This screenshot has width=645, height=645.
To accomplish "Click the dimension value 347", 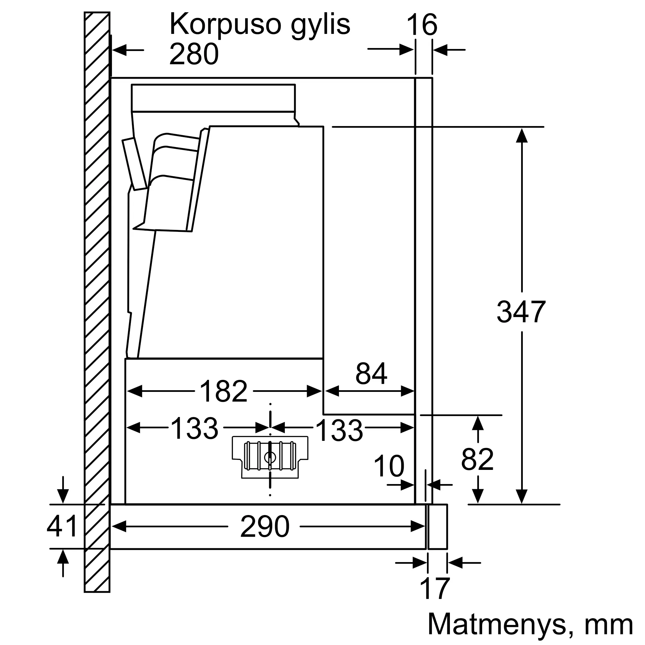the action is point(521,312).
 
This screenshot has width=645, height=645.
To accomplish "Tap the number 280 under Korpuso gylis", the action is point(194,54).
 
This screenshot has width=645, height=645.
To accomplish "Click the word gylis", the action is point(320,25).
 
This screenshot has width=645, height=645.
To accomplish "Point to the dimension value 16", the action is point(422,25).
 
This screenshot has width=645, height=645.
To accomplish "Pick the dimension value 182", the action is point(224,391).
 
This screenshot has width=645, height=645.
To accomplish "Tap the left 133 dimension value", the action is point(195,428).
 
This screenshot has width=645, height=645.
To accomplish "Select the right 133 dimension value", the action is point(339,430).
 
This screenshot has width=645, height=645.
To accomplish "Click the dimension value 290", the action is point(265,527).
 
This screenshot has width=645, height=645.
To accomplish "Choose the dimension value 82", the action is point(477,459).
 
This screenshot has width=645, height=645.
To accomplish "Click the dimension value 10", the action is point(389,466).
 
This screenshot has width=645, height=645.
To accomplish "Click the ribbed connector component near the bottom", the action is point(270,457).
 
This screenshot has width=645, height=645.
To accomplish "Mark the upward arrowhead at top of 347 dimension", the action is point(521,135).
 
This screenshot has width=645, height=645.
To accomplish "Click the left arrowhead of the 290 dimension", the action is point(119,527).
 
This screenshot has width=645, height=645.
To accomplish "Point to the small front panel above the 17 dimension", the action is point(437,527).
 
